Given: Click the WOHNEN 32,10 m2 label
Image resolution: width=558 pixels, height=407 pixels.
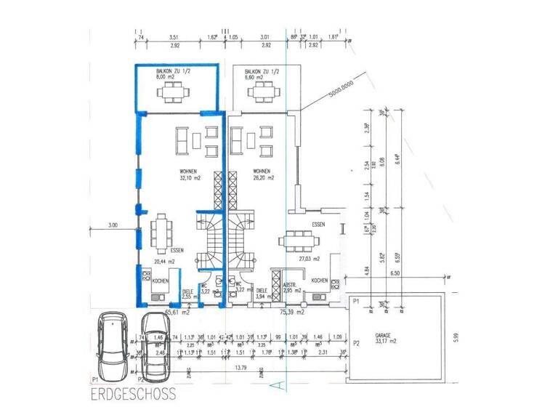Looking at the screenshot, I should (190, 174).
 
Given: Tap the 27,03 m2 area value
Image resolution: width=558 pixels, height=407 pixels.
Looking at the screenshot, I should (320, 256).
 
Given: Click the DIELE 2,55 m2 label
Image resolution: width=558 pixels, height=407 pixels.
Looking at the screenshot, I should (189, 294).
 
